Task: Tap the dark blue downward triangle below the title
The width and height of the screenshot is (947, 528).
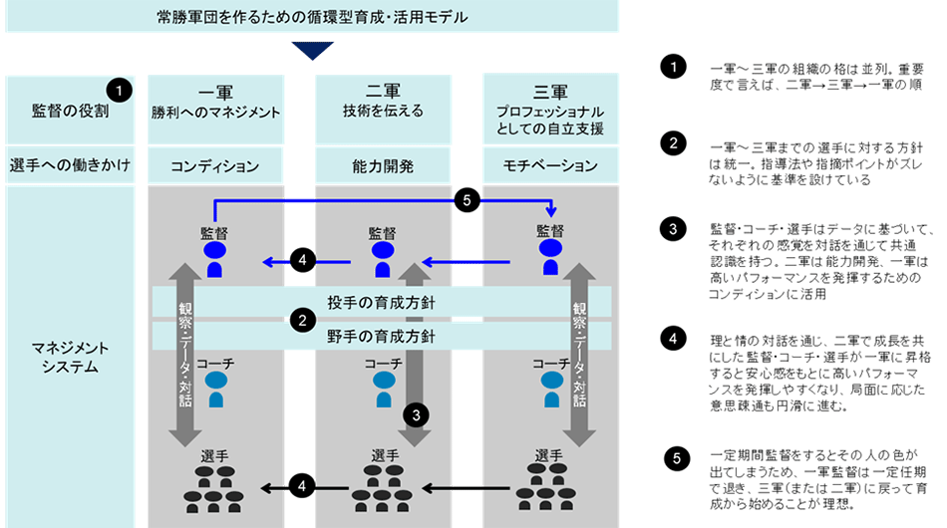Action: tap(312, 50)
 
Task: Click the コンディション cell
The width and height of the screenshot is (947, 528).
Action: tap(216, 165)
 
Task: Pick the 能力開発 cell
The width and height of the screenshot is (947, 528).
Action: tap(384, 165)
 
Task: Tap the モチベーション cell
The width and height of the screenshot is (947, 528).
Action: tap(550, 165)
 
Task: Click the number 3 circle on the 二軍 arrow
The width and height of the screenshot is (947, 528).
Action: tap(417, 411)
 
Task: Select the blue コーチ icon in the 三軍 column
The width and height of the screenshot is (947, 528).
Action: tap(549, 390)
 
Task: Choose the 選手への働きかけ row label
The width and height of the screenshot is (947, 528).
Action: tap(70, 165)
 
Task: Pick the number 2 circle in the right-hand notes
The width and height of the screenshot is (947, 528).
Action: tap(674, 142)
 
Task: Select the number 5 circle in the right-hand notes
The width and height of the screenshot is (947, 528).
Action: tap(676, 459)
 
